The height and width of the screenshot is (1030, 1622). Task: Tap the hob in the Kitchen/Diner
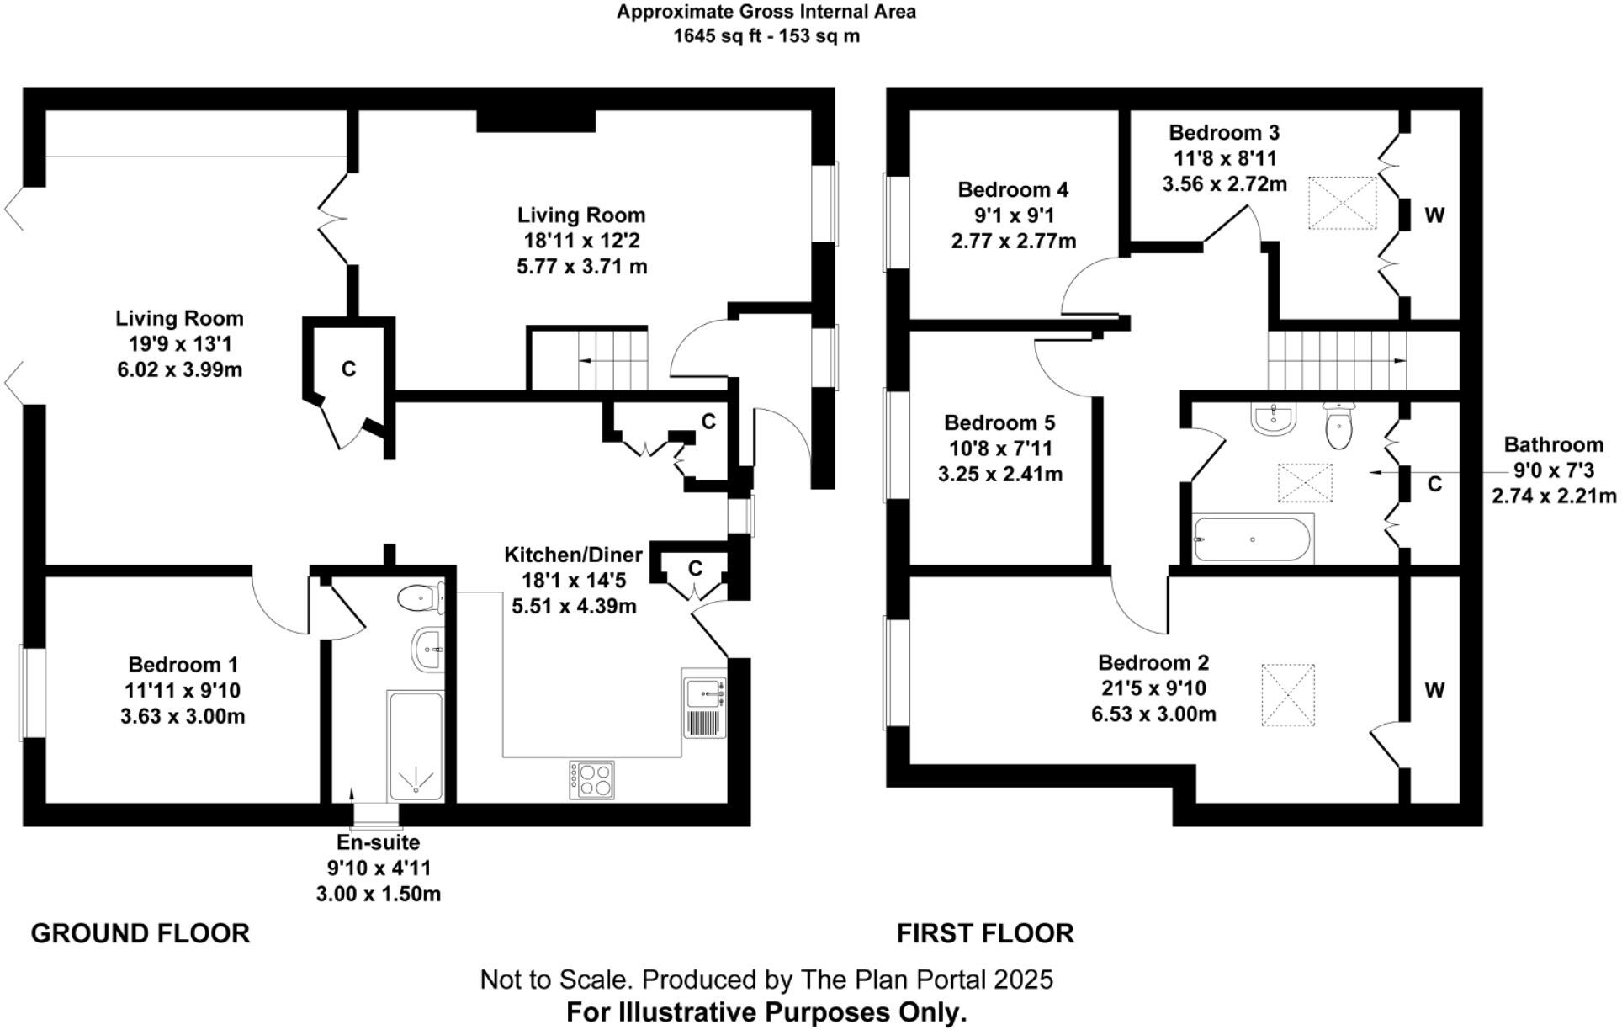pyautogui.click(x=591, y=780)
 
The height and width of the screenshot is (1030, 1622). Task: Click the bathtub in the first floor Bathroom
pyautogui.click(x=1253, y=539)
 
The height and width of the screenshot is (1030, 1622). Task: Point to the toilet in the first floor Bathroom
pyautogui.click(x=1338, y=427)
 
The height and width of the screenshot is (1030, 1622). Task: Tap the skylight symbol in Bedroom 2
pyautogui.click(x=1288, y=694)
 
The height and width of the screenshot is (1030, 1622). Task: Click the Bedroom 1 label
pyautogui.click(x=183, y=665)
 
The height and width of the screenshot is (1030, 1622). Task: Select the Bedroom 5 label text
pyautogui.click(x=999, y=422)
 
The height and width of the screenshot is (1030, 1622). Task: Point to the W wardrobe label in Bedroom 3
pyautogui.click(x=1434, y=215)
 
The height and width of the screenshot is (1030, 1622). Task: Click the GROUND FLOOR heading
pyautogui.click(x=140, y=933)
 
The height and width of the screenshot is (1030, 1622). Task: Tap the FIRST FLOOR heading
pyautogui.click(x=984, y=933)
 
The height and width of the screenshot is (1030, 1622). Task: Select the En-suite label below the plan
pyautogui.click(x=378, y=842)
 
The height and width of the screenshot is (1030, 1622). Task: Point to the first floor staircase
pyautogui.click(x=1337, y=360)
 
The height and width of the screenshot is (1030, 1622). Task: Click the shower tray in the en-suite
pyautogui.click(x=415, y=746)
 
